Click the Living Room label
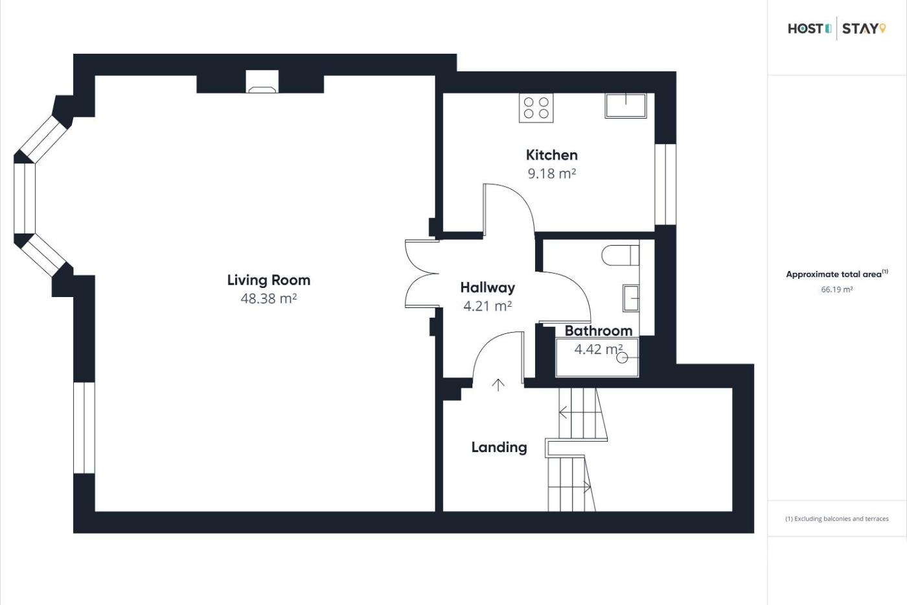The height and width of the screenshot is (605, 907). click(x=268, y=280)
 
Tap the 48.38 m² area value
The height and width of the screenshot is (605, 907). click(x=268, y=299)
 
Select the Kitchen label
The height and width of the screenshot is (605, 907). click(x=551, y=155)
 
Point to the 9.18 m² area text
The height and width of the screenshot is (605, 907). click(x=551, y=173)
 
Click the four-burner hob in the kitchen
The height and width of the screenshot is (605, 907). click(x=536, y=108)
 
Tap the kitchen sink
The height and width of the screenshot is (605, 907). click(x=626, y=106)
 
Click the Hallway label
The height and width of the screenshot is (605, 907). click(x=487, y=288)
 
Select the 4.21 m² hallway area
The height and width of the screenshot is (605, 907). click(x=487, y=306)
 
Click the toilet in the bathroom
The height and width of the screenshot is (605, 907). click(x=621, y=255)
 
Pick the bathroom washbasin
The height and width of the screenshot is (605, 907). click(x=631, y=298)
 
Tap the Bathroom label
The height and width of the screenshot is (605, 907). click(x=599, y=331)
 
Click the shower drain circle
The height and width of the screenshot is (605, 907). click(x=622, y=358)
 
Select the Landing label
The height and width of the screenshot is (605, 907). click(x=499, y=447)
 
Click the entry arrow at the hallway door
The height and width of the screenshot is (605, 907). click(x=498, y=385)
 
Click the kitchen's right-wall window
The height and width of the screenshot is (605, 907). click(x=665, y=184)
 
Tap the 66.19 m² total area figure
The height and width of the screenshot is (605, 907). click(x=837, y=289)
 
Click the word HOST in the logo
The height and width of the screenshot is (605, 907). click(x=805, y=29)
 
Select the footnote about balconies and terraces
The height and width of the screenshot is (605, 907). click(x=837, y=519)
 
